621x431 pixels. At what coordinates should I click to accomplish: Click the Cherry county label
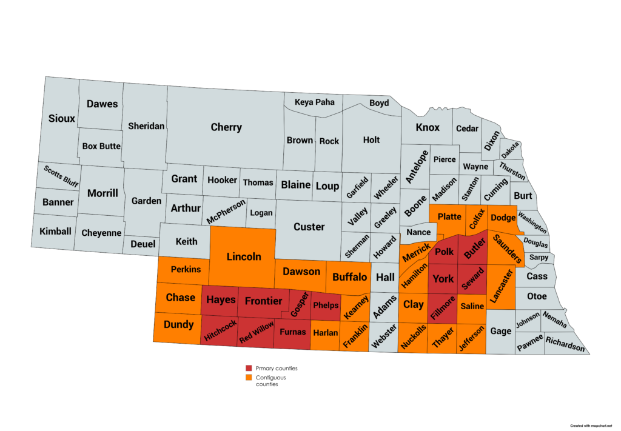(x=226, y=127)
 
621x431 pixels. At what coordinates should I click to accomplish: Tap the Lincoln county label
(x=244, y=256)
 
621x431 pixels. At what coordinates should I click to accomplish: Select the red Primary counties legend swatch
(x=249, y=368)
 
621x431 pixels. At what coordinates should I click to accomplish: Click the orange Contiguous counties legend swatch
(x=249, y=378)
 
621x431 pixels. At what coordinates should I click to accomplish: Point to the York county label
(x=443, y=279)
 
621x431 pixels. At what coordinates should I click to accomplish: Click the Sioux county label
(x=62, y=118)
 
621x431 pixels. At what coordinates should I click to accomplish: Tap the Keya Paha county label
(x=314, y=102)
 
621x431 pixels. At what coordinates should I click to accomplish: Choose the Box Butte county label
(x=102, y=146)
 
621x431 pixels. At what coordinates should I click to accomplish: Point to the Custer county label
(x=309, y=227)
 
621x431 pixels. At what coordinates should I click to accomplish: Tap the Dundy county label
(x=179, y=324)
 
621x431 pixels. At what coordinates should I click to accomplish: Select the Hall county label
(x=385, y=277)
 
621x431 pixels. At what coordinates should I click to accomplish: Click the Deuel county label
(x=143, y=244)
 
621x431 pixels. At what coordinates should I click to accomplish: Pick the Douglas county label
(x=535, y=244)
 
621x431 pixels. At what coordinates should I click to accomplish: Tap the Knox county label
(x=428, y=127)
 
